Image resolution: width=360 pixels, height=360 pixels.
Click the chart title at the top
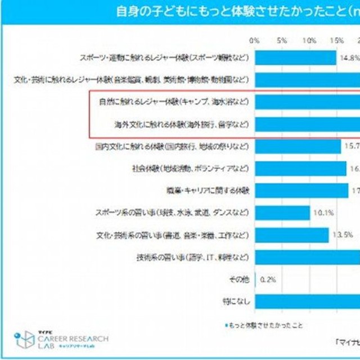coord(236,11)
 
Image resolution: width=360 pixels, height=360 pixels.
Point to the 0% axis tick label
coord(254,40)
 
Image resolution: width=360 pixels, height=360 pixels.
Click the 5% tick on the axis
coord(282,40)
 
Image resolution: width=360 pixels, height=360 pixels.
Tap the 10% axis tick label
coord(309,40)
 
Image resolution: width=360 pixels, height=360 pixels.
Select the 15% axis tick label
coord(336,40)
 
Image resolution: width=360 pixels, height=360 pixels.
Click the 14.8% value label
coord(349,57)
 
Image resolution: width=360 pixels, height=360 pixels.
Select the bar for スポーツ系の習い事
coord(282,213)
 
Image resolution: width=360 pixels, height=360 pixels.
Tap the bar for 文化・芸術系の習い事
coord(291,235)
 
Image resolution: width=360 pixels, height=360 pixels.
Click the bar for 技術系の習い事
coord(307,257)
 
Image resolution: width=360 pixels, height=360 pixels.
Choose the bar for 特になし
coord(307,301)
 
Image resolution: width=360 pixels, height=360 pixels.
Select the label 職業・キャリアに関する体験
coord(207,191)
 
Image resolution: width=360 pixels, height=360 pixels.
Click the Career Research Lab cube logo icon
coord(24,340)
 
